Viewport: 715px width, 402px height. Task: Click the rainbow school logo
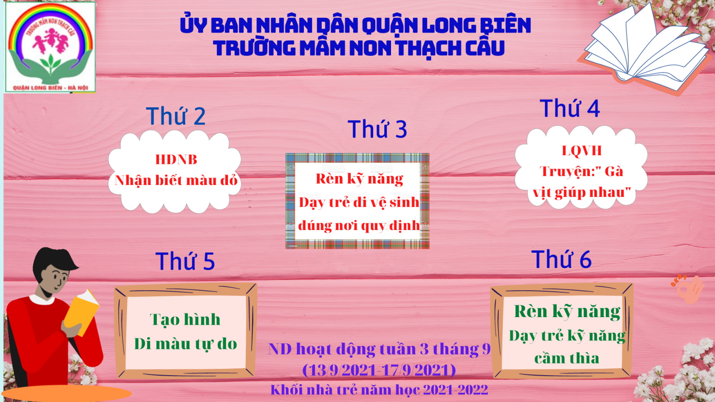pyautogui.click(x=50, y=47)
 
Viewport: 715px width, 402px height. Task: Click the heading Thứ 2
pyautogui.click(x=176, y=116)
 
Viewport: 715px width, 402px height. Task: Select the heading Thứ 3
pyautogui.click(x=377, y=129)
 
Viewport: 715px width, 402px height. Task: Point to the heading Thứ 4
pyautogui.click(x=570, y=109)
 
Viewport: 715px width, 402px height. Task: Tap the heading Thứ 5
pyautogui.click(x=185, y=261)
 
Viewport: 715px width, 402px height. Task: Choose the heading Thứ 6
pyautogui.click(x=561, y=259)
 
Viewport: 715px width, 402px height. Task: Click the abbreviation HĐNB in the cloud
pyautogui.click(x=176, y=159)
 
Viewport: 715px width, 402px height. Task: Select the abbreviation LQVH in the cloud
pyautogui.click(x=581, y=151)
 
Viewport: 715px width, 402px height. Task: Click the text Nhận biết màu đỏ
pyautogui.click(x=176, y=180)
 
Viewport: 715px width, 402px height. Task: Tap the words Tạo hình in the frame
pyautogui.click(x=185, y=320)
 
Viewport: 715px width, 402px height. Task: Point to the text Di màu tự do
pyautogui.click(x=185, y=344)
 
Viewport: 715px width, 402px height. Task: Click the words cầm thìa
pyautogui.click(x=567, y=358)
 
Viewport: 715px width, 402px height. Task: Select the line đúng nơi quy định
pyautogui.click(x=359, y=226)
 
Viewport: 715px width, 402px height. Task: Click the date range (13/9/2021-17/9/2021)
pyautogui.click(x=379, y=370)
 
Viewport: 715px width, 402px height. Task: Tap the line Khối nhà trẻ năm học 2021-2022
pyautogui.click(x=379, y=389)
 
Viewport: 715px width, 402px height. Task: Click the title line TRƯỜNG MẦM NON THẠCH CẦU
pyautogui.click(x=359, y=48)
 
